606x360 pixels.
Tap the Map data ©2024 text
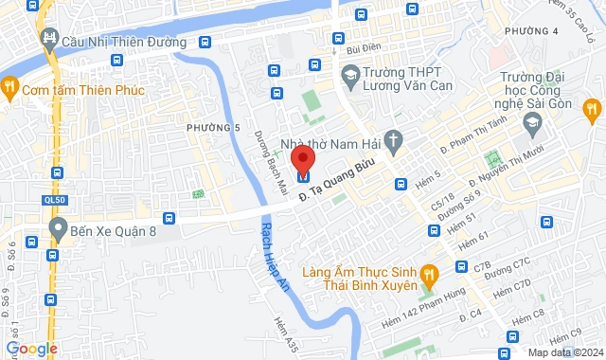click(564, 352)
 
